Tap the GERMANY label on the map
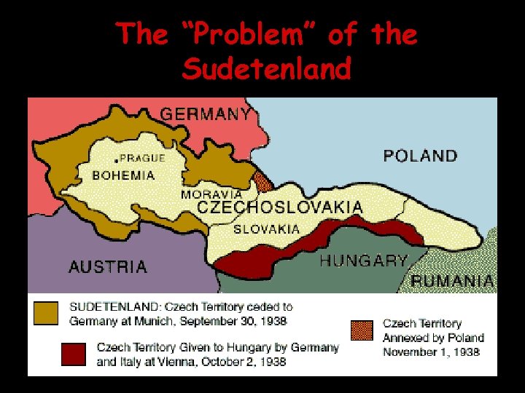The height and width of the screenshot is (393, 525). coord(205,114)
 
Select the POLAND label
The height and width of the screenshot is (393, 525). coord(420,156)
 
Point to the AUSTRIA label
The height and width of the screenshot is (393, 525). coord(107,267)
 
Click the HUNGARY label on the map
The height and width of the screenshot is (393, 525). coord(363,261)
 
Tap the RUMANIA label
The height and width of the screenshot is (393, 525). coord(453,281)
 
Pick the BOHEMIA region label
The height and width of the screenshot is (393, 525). coord(123,175)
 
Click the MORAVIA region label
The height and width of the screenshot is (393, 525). coord(211,195)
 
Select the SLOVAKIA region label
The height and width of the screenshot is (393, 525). coord(266,229)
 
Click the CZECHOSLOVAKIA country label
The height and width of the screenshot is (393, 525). coord(280,208)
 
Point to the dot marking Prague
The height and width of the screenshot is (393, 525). coord(116,159)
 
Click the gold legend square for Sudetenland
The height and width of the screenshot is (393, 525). coord(46,314)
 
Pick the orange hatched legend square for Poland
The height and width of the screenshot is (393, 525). coord(361,330)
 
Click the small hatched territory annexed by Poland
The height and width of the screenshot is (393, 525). coord(262,180)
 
